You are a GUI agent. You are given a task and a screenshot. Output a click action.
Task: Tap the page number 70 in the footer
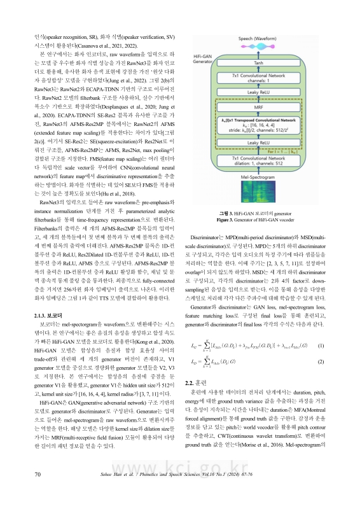point(38,492)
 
